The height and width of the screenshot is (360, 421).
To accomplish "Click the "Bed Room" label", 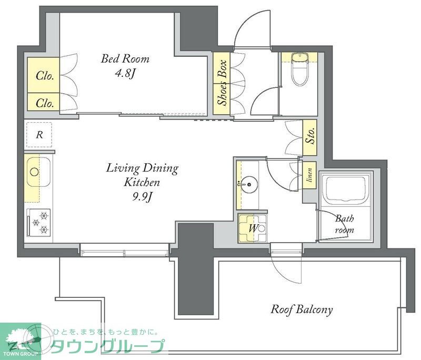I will coord(125,58).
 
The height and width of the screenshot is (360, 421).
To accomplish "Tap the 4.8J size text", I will coord(125,73).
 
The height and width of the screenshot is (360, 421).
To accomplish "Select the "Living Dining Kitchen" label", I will coord(142,176).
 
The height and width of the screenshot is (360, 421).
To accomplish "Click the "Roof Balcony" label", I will coord(302,309).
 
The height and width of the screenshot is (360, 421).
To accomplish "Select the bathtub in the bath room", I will coord(346,191).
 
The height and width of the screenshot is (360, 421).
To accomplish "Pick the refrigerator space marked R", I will coord(39,134).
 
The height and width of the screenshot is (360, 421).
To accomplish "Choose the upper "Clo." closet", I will coord(44,75).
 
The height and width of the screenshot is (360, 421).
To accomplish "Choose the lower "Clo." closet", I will coord(44,103).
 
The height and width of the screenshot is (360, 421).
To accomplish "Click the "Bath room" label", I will coord(344,223).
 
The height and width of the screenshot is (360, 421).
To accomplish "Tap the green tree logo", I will coord(20,338).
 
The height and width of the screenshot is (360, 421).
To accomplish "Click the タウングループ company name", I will coord(108,346).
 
